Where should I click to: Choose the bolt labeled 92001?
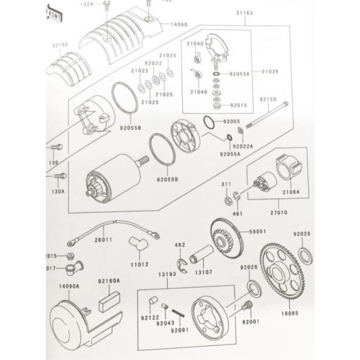248,305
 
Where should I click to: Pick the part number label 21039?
270,70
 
